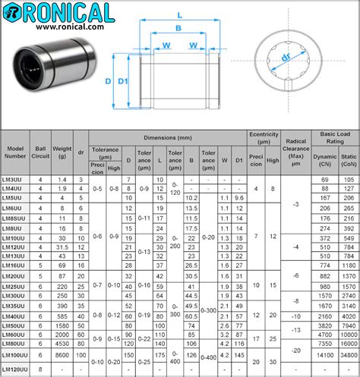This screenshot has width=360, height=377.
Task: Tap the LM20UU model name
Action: (x=14, y=277)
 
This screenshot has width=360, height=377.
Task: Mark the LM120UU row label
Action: (x=16, y=369)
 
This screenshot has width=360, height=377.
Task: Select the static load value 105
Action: (x=348, y=178)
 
